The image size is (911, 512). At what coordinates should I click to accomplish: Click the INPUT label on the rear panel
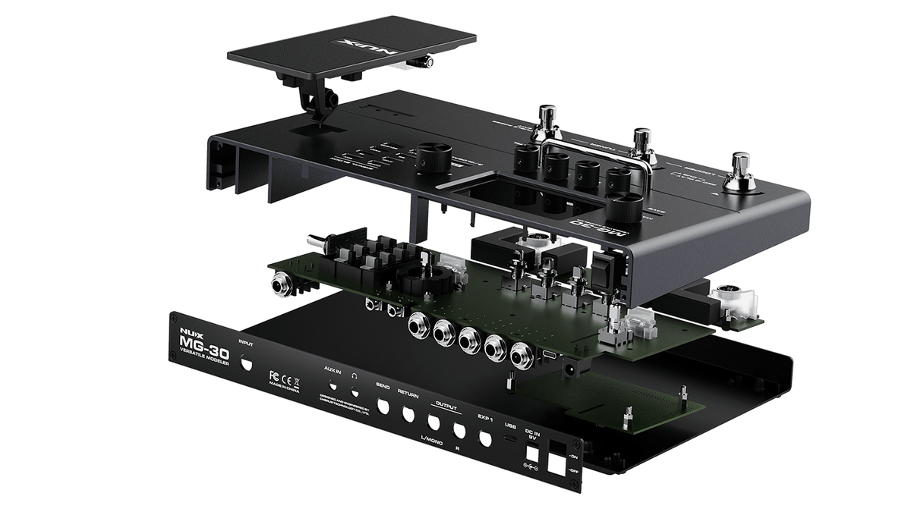tap(246, 343)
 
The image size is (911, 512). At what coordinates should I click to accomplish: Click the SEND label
tap(383, 386)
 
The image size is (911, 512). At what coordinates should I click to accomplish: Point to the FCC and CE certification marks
tap(282, 375)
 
